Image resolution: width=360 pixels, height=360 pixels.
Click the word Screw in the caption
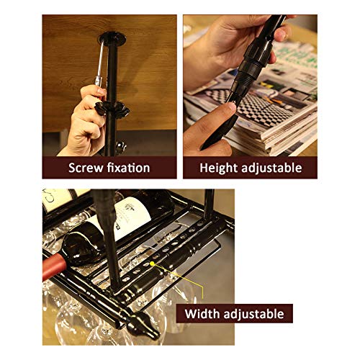[x=86, y=168]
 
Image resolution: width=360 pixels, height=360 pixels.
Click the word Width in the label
[x=203, y=314]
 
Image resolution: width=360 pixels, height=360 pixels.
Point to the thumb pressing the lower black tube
[x=225, y=112]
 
